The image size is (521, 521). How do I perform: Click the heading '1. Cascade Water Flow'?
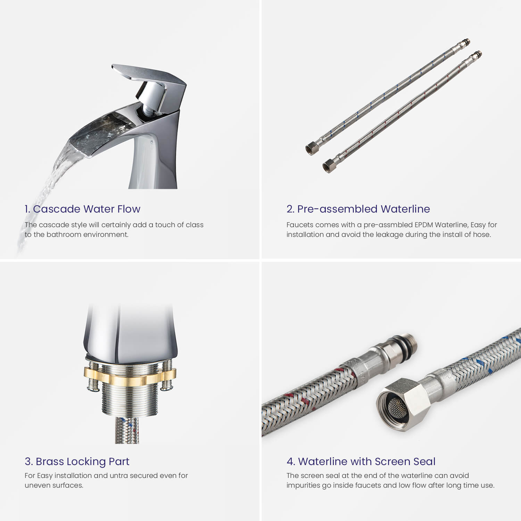tap(82, 209)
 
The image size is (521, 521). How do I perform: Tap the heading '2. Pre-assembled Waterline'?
tap(358, 209)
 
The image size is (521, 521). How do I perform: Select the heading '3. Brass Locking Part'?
tap(77, 461)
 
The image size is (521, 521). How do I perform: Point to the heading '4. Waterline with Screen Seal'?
tap(361, 461)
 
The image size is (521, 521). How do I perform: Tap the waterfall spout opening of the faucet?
tap(101, 134)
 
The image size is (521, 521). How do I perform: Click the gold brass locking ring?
tap(130, 377)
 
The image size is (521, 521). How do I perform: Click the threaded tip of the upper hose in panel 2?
tap(465, 43)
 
